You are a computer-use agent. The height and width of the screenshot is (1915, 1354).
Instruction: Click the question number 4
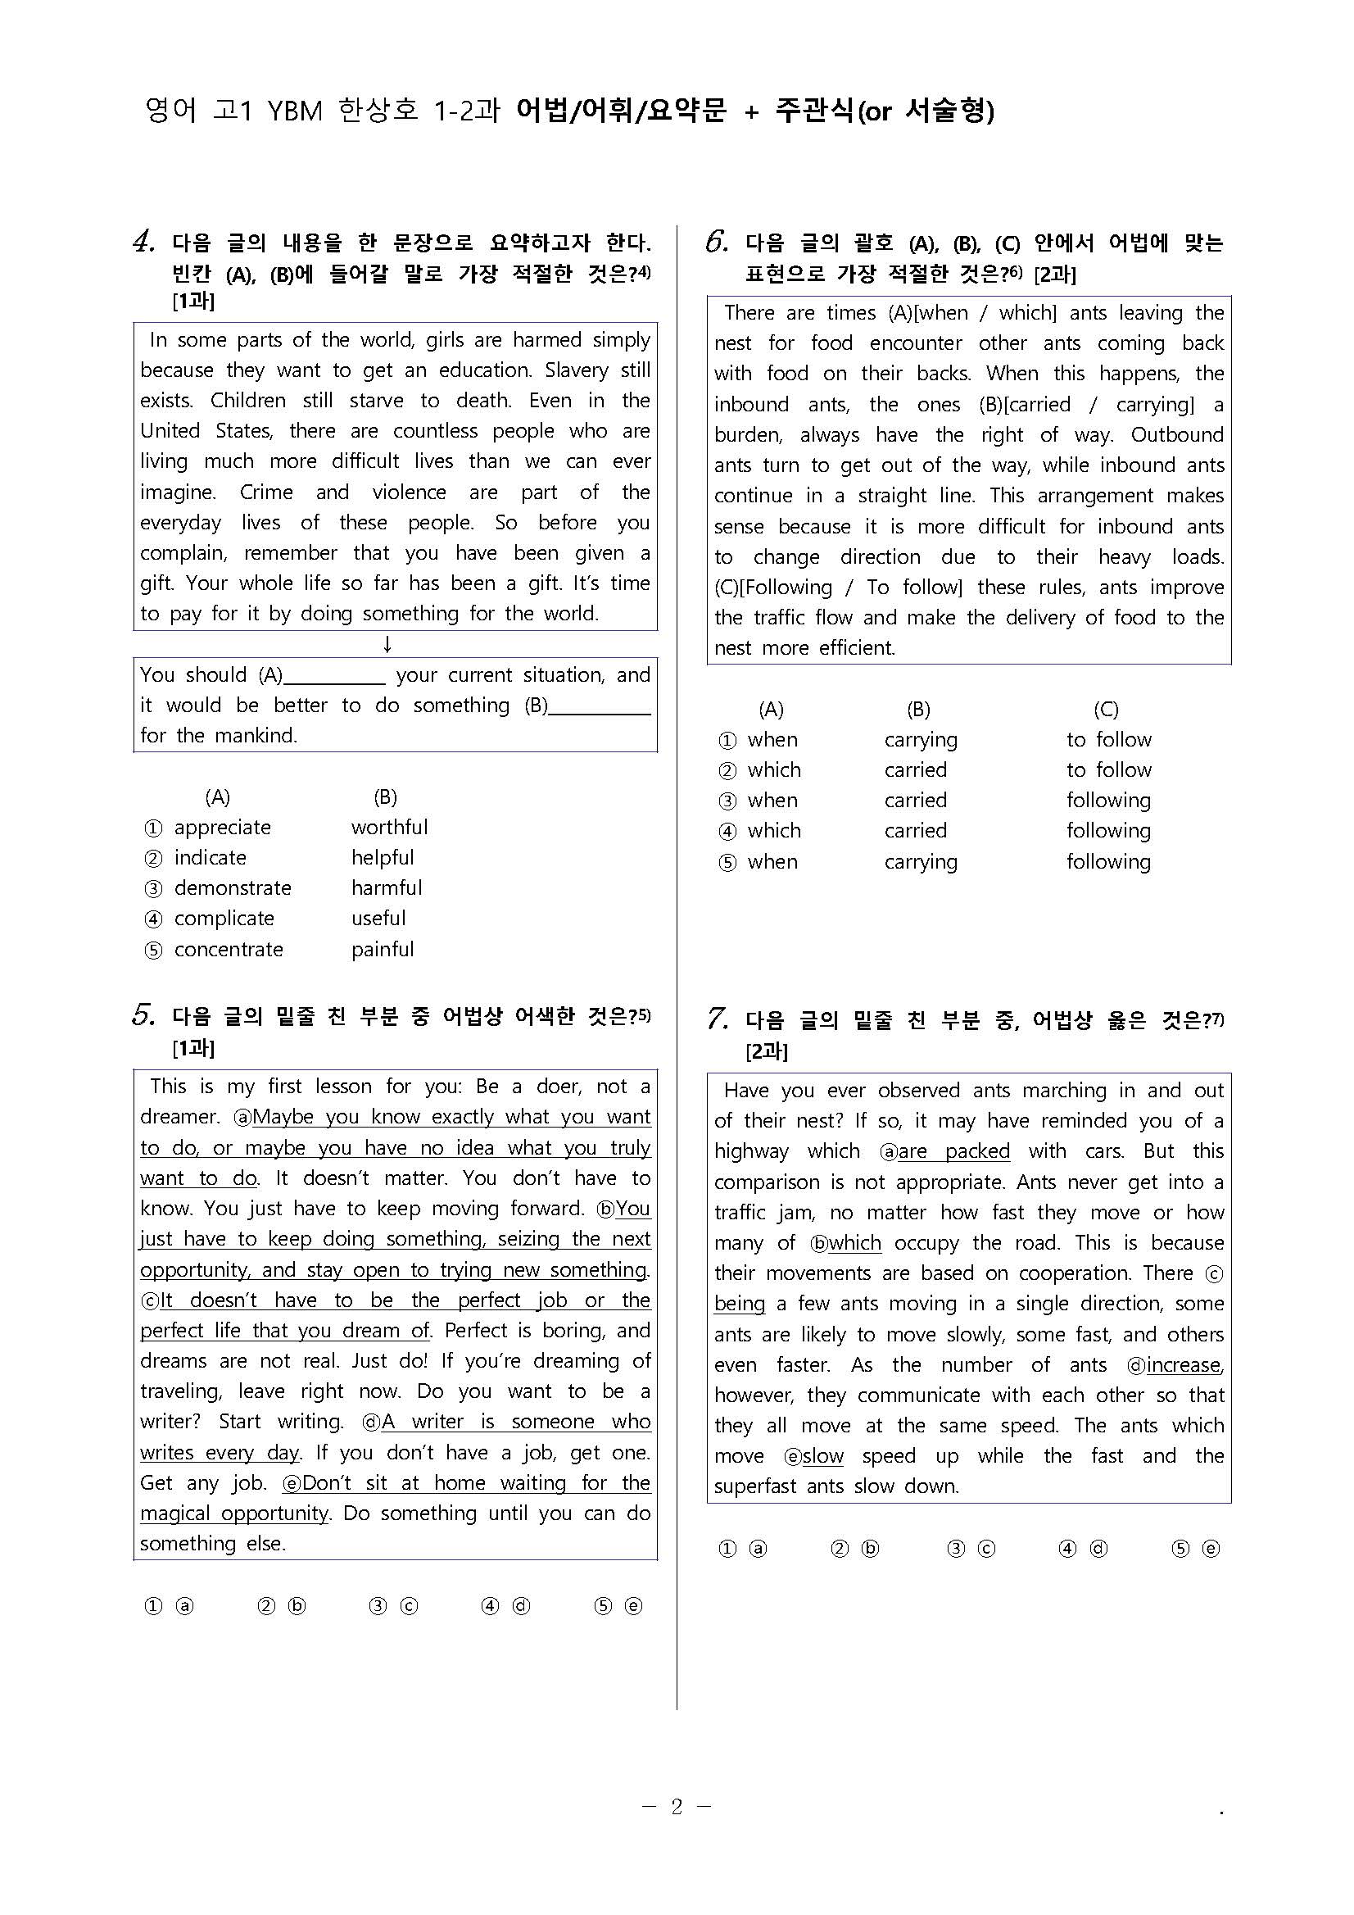pyautogui.click(x=143, y=242)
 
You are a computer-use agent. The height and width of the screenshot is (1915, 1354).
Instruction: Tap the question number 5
pyautogui.click(x=143, y=1015)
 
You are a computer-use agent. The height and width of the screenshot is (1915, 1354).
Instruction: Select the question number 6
pyautogui.click(x=716, y=242)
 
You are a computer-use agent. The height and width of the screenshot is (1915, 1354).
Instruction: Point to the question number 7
pyautogui.click(x=717, y=1019)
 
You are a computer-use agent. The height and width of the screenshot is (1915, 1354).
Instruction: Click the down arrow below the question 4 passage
pyautogui.click(x=387, y=645)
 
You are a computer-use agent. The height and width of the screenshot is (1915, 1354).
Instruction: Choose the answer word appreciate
pyautogui.click(x=222, y=828)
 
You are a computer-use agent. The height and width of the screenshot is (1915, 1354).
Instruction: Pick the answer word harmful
pyautogui.click(x=386, y=887)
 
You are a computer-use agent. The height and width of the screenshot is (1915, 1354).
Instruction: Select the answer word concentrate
pyautogui.click(x=229, y=949)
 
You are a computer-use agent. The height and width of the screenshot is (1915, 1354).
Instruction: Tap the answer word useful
pyautogui.click(x=378, y=919)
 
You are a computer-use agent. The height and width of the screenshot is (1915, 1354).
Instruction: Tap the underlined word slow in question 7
pyautogui.click(x=823, y=1456)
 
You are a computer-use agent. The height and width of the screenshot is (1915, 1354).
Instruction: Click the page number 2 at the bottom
pyautogui.click(x=676, y=1807)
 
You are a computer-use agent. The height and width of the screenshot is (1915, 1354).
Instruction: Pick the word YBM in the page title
pyautogui.click(x=294, y=111)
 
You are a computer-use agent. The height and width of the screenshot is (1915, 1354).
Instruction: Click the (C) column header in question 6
pyautogui.click(x=1106, y=710)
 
